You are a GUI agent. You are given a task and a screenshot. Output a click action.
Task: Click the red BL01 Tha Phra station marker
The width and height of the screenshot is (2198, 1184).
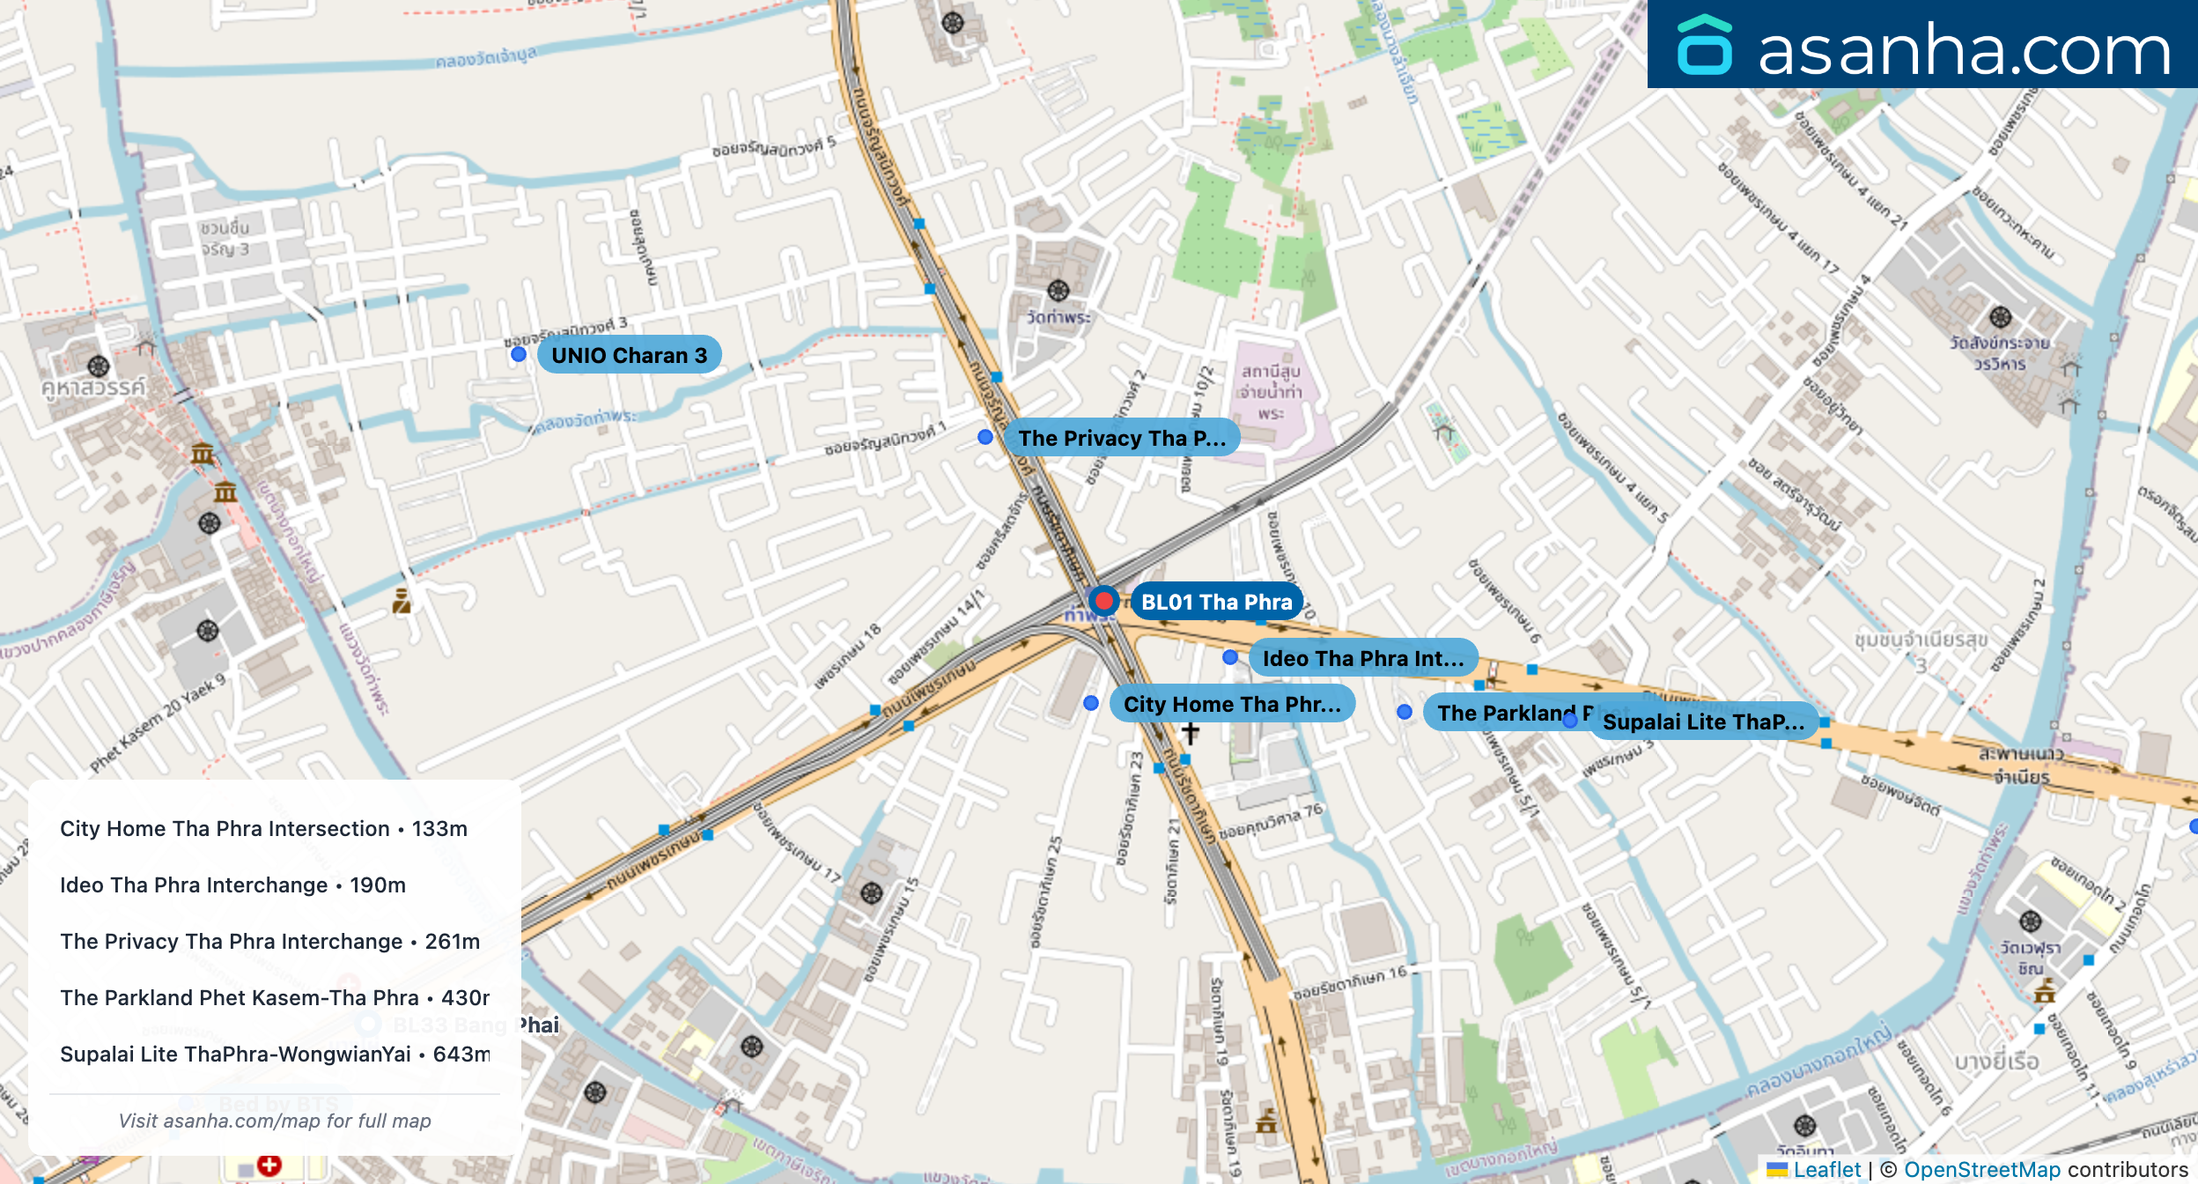[1103, 601]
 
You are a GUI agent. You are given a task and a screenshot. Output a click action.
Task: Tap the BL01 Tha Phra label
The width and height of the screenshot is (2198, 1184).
[1216, 603]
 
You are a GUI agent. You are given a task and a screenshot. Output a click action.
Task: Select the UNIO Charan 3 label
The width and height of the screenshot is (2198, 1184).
[629, 355]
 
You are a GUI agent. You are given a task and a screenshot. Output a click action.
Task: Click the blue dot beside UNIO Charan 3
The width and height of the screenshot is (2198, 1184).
[519, 354]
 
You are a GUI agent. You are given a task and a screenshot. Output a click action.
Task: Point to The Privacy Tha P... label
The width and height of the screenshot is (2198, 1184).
[1121, 438]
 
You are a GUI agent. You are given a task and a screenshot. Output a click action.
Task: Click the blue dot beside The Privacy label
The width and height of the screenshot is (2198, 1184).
[985, 437]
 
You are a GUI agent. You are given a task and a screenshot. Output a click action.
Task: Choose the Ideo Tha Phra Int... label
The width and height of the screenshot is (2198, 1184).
[1362, 658]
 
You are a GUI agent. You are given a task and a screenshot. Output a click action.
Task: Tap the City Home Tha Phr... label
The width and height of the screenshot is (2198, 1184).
[1231, 704]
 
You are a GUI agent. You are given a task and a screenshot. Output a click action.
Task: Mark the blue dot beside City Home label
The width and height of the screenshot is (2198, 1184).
[1091, 703]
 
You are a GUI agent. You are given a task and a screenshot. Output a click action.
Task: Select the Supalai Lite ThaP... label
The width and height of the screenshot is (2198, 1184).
[1703, 721]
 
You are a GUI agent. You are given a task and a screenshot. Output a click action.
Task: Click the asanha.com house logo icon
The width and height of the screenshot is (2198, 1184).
[1705, 46]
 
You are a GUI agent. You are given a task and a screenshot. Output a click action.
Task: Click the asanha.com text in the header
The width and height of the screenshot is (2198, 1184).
[1964, 49]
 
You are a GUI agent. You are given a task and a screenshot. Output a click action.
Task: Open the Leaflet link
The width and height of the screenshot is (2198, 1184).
[1826, 1169]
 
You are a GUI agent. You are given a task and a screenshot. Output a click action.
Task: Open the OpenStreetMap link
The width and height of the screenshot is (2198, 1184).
[1981, 1169]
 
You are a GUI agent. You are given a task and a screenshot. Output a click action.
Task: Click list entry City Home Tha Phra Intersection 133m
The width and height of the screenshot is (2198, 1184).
[263, 829]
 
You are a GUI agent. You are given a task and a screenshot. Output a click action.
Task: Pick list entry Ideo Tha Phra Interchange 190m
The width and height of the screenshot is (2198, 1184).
[232, 885]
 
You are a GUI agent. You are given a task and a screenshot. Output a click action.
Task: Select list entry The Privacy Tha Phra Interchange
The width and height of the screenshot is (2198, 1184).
[269, 942]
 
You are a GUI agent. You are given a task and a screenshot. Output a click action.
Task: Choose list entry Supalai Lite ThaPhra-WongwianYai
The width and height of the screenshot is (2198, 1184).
[275, 1054]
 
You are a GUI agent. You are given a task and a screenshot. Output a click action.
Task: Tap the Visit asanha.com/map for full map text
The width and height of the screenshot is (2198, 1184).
[275, 1121]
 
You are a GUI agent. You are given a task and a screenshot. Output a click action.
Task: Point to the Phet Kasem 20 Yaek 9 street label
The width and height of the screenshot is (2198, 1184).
[158, 722]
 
